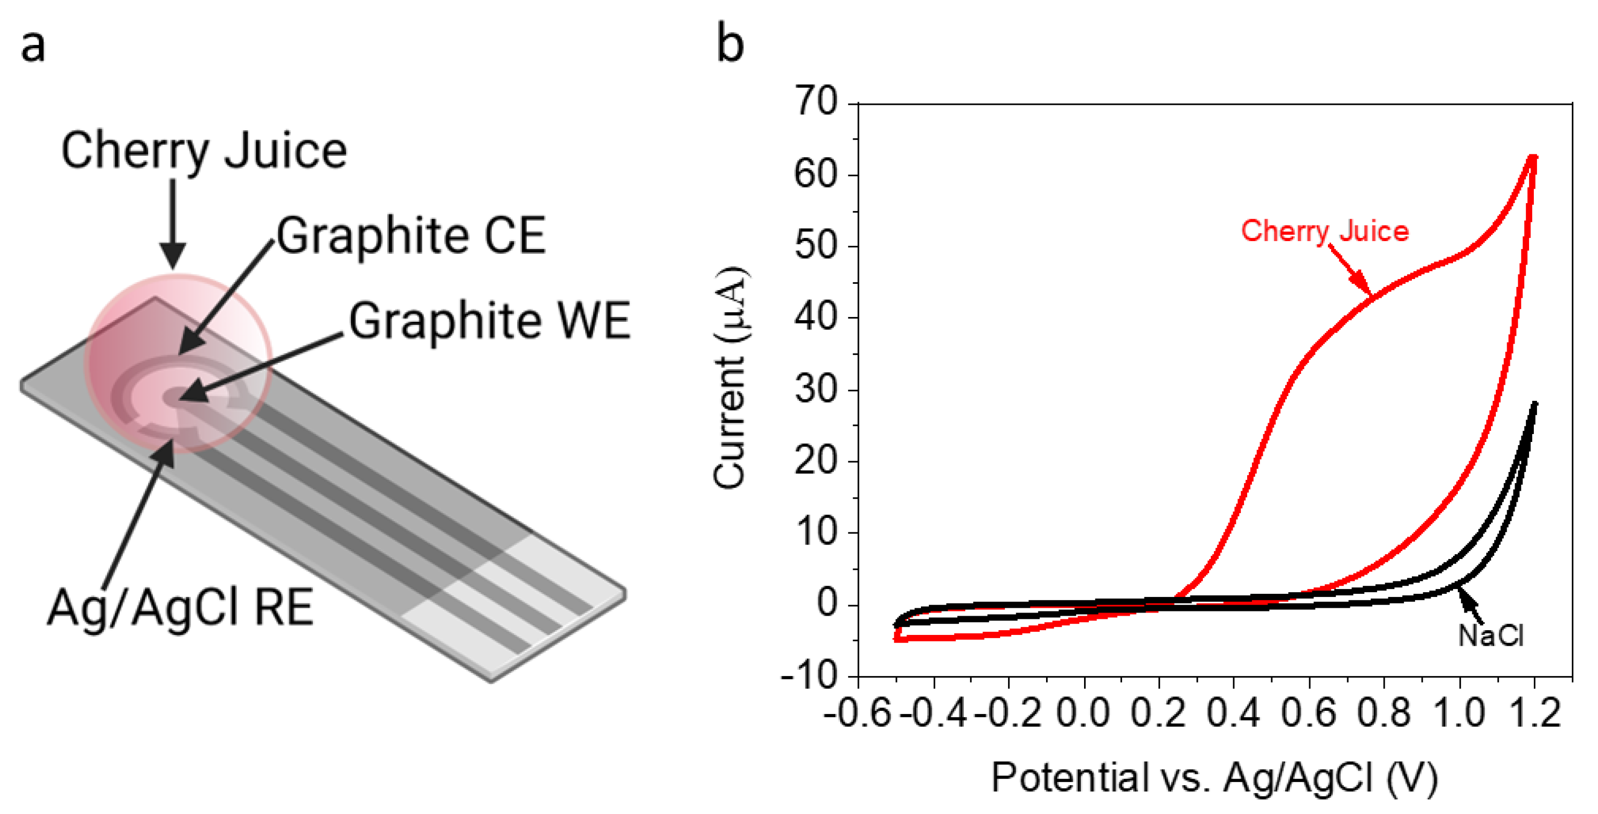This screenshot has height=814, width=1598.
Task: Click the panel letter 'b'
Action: point(730,45)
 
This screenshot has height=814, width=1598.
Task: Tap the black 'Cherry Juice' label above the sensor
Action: point(203,151)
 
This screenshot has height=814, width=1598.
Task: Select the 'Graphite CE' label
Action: point(411,236)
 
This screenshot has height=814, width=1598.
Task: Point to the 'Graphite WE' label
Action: point(489,321)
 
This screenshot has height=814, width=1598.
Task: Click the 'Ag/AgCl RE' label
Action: point(180,608)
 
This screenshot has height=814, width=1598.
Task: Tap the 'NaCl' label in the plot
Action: point(1490,636)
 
